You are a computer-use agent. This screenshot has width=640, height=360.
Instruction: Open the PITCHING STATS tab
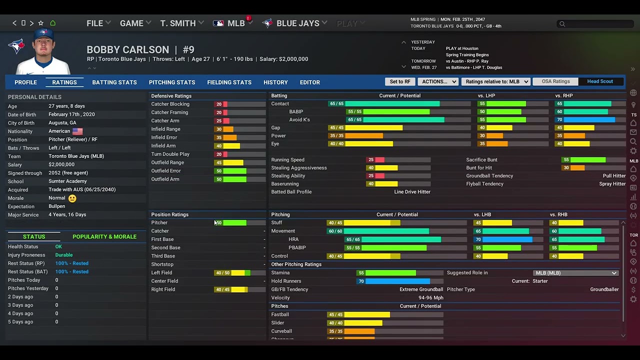(171, 82)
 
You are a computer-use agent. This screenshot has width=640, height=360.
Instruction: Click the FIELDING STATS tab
(229, 82)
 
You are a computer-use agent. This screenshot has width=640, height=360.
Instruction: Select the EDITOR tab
(309, 82)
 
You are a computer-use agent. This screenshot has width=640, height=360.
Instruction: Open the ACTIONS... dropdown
(438, 81)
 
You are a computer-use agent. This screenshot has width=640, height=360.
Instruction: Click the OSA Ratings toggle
(555, 81)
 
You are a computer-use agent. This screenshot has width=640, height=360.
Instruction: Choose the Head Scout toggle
(599, 81)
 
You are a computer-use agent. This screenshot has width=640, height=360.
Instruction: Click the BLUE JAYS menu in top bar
(297, 23)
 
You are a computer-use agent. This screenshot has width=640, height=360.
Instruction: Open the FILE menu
(94, 23)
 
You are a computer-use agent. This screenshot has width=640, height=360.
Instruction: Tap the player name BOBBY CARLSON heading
(128, 49)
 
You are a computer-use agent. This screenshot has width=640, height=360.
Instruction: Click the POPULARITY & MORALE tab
(104, 236)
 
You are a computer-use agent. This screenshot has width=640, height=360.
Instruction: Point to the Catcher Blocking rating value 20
(219, 104)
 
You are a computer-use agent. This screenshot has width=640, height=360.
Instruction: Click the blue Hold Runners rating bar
(397, 281)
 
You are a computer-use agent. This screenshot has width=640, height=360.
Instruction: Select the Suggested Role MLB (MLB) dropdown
(575, 273)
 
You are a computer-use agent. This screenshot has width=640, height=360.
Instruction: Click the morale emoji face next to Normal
(72, 198)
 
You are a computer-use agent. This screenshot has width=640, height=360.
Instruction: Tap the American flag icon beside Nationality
(77, 131)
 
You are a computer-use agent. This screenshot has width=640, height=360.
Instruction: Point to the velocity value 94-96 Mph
(431, 297)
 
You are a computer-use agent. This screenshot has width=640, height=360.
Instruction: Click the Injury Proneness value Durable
(64, 255)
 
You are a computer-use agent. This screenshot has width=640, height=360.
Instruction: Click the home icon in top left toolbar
(52, 23)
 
